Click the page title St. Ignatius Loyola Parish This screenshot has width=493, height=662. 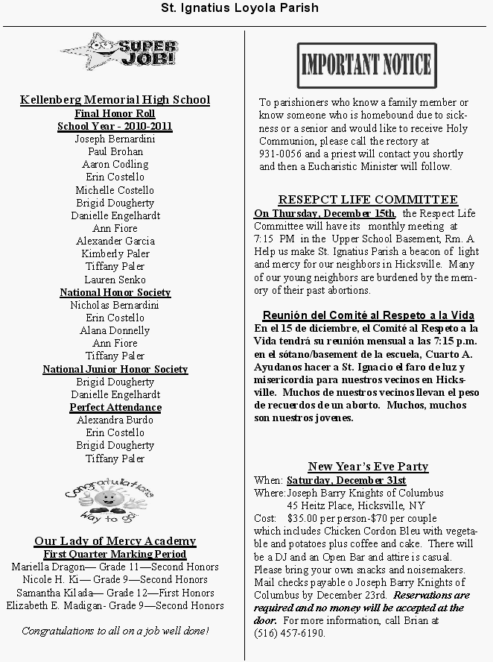click(x=240, y=8)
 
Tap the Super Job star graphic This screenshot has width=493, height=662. click(x=119, y=51)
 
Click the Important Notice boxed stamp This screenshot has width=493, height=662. click(x=367, y=66)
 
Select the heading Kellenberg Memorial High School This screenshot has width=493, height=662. click(x=115, y=100)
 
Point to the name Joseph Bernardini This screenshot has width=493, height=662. click(x=115, y=139)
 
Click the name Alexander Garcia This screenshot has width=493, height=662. click(x=115, y=241)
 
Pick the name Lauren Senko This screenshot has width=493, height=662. click(x=115, y=280)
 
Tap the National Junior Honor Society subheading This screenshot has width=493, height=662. click(x=115, y=369)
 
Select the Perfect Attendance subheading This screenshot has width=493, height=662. click(x=115, y=407)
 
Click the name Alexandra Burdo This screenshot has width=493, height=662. click(x=115, y=420)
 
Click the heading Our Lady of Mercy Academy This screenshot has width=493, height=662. click(x=115, y=541)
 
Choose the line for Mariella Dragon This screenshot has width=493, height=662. click(x=115, y=567)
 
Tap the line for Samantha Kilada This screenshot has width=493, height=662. click(x=115, y=593)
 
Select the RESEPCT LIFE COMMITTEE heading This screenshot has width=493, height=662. click(x=368, y=200)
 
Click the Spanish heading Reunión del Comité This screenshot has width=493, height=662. click(x=368, y=315)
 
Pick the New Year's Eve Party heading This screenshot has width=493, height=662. click(x=368, y=467)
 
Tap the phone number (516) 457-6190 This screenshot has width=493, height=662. click(x=290, y=632)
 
